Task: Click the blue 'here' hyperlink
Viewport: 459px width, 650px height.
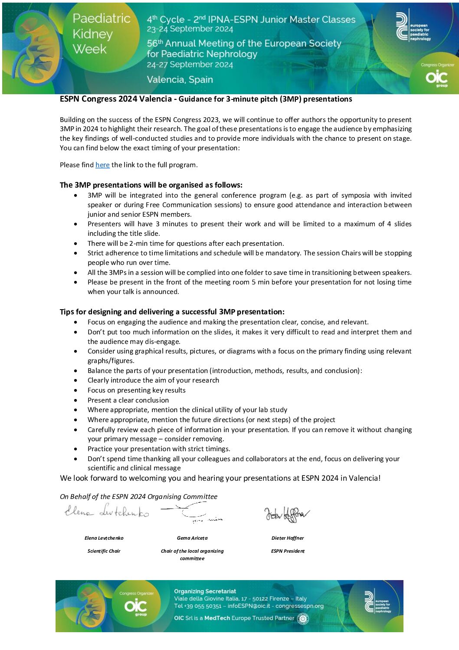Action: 102,165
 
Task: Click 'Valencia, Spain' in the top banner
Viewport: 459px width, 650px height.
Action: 180,80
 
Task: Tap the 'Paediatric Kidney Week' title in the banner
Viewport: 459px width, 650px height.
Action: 101,34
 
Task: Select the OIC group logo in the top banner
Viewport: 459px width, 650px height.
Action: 436,78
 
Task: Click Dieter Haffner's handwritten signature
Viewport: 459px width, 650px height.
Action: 287,514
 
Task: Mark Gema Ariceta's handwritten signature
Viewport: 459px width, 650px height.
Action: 192,512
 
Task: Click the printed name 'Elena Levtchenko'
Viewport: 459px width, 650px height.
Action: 104,538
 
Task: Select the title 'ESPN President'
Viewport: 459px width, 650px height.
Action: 288,551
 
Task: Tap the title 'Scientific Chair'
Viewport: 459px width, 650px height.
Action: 104,551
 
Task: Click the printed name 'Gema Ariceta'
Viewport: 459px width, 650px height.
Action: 192,538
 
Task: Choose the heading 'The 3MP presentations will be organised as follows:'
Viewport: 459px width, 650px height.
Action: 151,185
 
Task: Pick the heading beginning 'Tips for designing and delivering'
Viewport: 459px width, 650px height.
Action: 172,312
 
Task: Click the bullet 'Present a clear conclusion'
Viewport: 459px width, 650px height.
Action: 128,400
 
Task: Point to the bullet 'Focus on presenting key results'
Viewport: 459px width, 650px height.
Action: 136,390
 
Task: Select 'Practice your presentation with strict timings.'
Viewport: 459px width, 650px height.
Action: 159,449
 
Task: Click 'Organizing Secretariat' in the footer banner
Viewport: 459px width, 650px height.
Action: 205,591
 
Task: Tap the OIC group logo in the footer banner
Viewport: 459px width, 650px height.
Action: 135,606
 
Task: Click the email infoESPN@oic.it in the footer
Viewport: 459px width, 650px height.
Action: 249,606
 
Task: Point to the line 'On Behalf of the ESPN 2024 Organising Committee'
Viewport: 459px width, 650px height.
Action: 138,497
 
